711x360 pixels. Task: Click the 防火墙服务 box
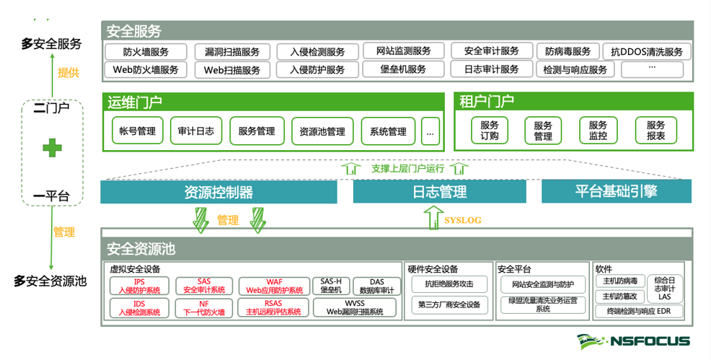pos(146,52)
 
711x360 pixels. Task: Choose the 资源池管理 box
pos(322,132)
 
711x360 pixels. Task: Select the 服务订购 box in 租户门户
pos(489,131)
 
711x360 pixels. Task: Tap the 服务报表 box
pos(655,131)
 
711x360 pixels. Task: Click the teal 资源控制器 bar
pos(218,192)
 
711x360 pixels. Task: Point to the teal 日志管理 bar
pos(440,192)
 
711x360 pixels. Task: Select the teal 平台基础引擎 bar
pos(616,191)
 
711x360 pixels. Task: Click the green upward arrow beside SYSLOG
pos(432,218)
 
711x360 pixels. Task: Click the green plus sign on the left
pos(51,148)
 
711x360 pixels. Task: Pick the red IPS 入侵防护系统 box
pos(139,286)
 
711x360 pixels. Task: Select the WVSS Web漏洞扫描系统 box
pos(354,308)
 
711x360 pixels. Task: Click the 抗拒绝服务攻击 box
pos(450,284)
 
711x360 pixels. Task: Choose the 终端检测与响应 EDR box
pos(639,312)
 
